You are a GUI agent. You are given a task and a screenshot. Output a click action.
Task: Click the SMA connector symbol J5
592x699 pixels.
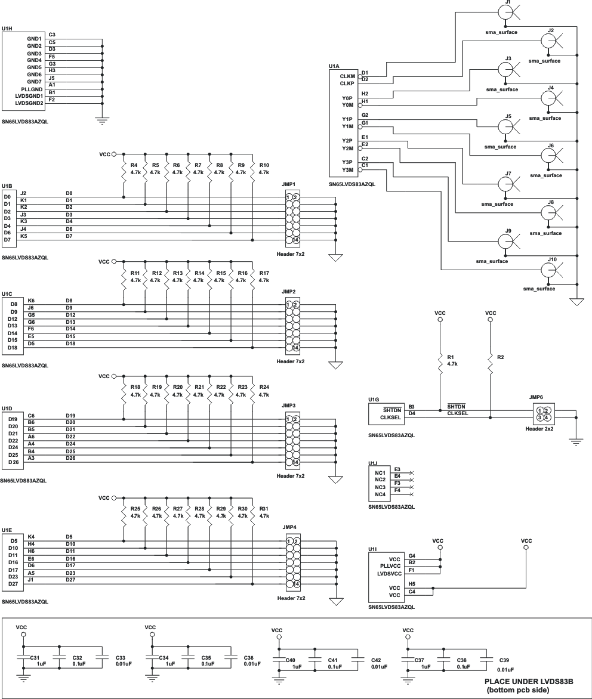[x=505, y=126]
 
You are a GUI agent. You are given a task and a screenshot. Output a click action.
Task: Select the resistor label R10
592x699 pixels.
[x=264, y=165]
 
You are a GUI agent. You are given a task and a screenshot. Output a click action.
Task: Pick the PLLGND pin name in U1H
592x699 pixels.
[x=30, y=89]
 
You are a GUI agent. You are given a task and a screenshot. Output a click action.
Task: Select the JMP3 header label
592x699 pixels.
[x=289, y=405]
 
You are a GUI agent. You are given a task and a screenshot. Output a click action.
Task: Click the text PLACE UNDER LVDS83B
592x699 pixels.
[x=528, y=681]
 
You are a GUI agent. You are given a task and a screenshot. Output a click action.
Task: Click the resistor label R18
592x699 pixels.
[x=135, y=387]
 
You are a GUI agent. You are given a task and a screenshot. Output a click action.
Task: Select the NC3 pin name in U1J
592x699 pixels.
[x=380, y=487]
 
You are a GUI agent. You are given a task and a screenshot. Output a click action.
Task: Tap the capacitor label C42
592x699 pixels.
[x=376, y=660]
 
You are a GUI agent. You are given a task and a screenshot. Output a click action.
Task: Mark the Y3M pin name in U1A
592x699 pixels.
[x=347, y=169]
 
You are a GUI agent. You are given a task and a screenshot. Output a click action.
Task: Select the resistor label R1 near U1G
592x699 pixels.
[x=451, y=357]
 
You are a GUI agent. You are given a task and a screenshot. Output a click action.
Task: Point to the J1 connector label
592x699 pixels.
[x=507, y=2]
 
